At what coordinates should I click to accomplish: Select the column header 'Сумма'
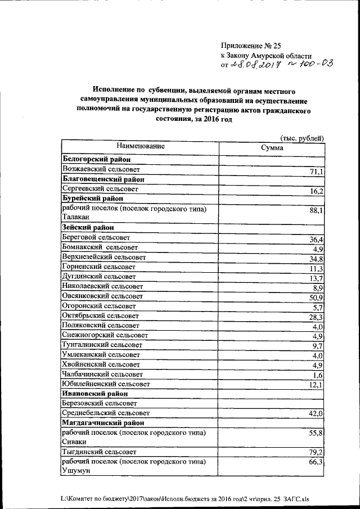tap(272, 148)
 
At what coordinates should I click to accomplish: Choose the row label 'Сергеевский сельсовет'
tap(100, 190)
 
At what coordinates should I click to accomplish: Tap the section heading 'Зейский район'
tap(88, 228)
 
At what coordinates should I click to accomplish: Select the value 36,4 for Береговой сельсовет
tap(316, 240)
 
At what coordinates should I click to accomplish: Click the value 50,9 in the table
tap(316, 298)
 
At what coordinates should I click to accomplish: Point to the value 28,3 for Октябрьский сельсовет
tap(316, 317)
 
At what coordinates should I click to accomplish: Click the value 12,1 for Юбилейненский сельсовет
tap(316, 385)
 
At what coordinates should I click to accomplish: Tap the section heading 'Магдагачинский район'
tap(102, 422)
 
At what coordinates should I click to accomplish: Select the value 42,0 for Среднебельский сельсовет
tap(317, 414)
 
